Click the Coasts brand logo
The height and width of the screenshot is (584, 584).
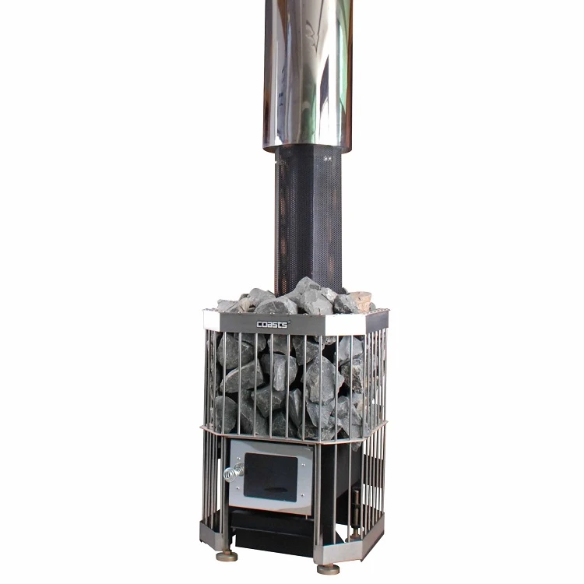(273, 324)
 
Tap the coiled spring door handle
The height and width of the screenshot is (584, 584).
(234, 473)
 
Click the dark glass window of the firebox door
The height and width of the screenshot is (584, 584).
(270, 477)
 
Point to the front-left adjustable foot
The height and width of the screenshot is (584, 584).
(227, 557)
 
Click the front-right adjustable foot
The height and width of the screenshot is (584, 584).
(328, 569)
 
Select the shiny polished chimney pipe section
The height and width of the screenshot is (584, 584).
(308, 75)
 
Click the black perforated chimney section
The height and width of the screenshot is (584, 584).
(308, 220)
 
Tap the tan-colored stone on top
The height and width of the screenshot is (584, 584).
(361, 299)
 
